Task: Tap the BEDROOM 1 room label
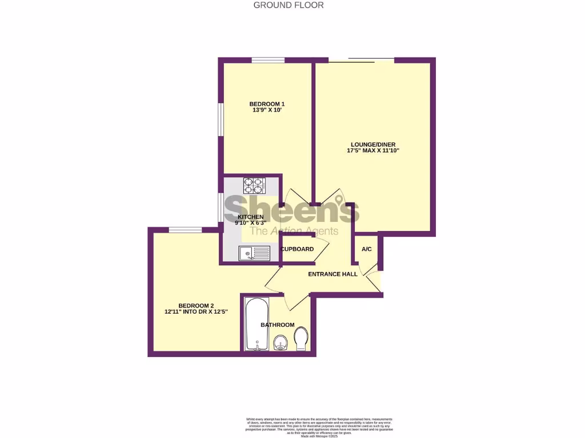pos(267,104)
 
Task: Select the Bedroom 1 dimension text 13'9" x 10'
pos(267,111)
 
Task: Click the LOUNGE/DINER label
pos(372,144)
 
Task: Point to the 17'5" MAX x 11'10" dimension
pos(372,151)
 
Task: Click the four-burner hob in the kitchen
pos(255,185)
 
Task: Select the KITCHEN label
pos(251,217)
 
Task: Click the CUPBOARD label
pos(297,249)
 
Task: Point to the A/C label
pos(367,249)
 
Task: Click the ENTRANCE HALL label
pos(332,274)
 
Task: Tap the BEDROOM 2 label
pos(195,305)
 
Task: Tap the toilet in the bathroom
pos(302,340)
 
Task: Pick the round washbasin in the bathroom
pos(279,343)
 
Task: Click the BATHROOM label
pos(278,325)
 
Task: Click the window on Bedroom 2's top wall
pos(185,230)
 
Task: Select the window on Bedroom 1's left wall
pos(221,119)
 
